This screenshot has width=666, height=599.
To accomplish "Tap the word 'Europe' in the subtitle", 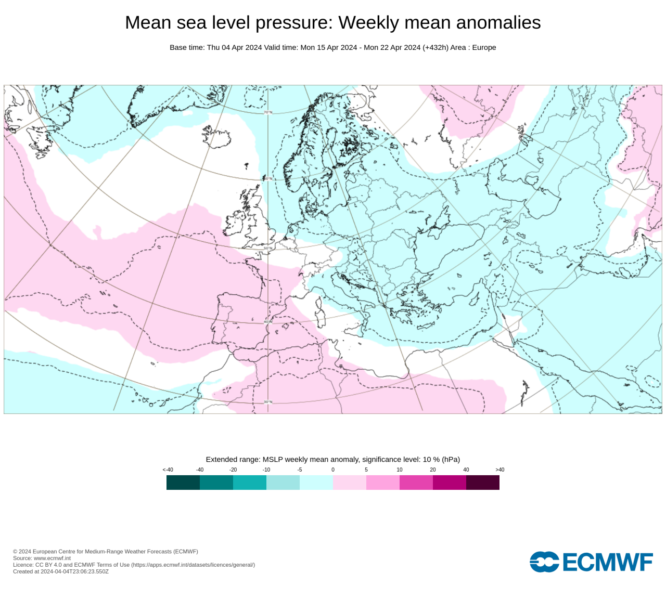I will pos(484,47).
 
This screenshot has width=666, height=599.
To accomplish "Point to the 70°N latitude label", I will pos(267,112).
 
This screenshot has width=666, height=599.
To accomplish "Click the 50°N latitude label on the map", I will pos(267,248).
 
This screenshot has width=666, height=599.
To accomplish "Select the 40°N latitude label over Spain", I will pos(267,322).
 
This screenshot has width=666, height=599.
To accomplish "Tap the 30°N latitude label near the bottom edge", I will pos(267,401).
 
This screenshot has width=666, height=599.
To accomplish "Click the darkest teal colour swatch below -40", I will pos(183,483).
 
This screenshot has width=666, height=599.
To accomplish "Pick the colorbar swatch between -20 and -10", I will pos(250,483).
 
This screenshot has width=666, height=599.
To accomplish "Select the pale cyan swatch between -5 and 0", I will pos(316,483).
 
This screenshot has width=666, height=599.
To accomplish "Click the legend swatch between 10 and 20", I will pos(416,483).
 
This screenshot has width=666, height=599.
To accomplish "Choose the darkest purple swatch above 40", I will pos(483,483).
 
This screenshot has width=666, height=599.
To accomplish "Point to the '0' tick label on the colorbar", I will pos(333,470).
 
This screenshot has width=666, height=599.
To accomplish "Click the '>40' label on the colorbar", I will pos(499,470).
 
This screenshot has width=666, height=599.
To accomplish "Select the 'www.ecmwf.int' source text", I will pos(52,558).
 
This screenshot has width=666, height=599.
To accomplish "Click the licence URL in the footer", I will pos(193,565).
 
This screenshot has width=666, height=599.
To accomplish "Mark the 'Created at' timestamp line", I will pos(61,571).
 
